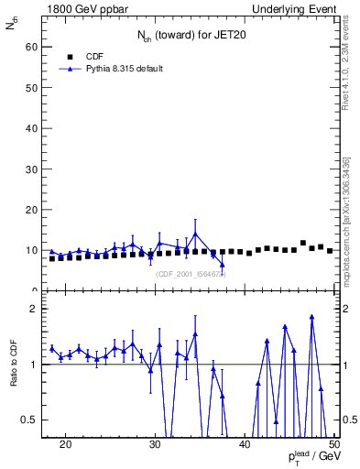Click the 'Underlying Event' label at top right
pyautogui.click(x=297, y=7)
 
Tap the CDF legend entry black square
pyautogui.click(x=71, y=56)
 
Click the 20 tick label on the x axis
pyautogui.click(x=65, y=444)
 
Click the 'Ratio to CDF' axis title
pyautogui.click(x=14, y=364)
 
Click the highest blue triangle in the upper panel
pyautogui.click(x=195, y=234)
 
